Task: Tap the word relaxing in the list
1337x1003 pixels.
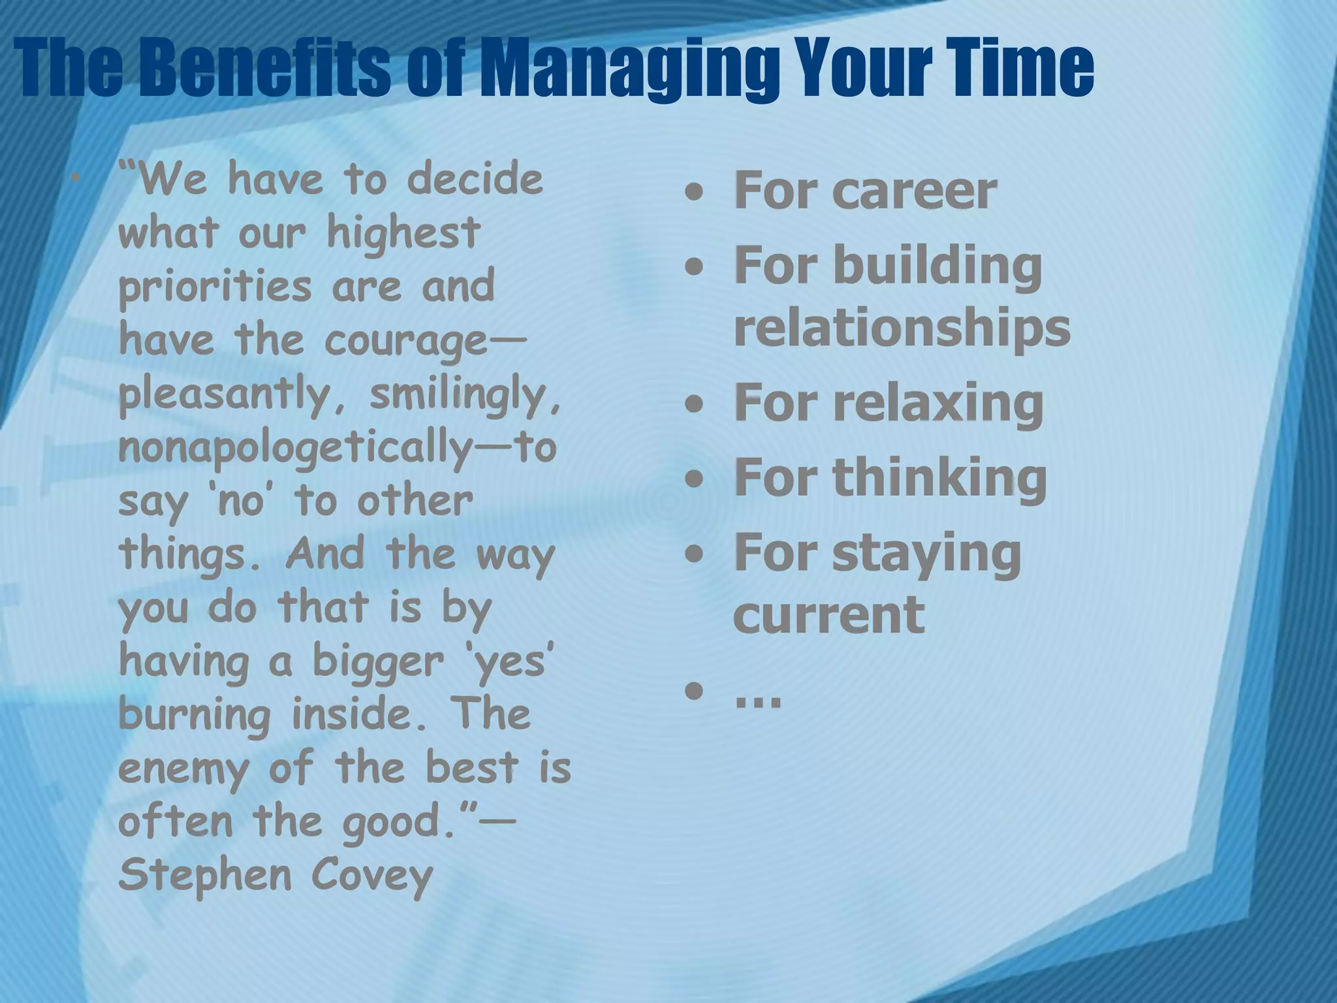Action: click(937, 403)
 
